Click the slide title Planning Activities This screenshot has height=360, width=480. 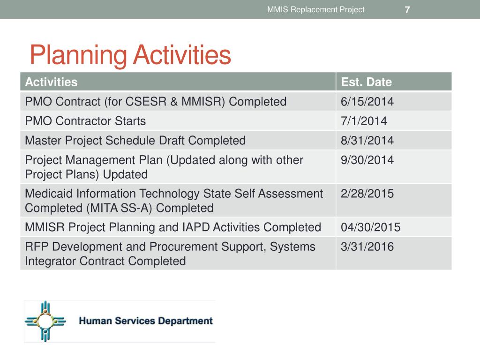tap(130, 55)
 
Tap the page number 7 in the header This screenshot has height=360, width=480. tap(407, 10)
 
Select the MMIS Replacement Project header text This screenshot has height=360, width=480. tap(315, 10)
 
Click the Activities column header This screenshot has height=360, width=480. tap(51, 82)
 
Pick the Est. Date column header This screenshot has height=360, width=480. tap(366, 82)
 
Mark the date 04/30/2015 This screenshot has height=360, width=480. tap(370, 228)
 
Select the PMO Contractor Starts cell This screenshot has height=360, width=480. tap(85, 121)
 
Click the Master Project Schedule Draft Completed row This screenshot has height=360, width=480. tap(135, 141)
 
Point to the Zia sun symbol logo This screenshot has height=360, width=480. tap(45, 321)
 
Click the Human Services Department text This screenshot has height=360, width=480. tap(146, 321)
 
